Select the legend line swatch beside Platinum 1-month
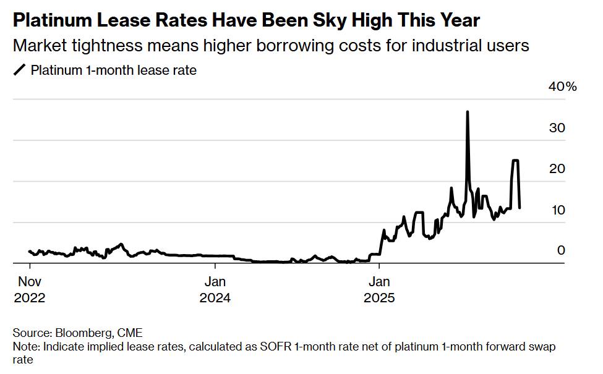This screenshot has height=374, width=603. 20,70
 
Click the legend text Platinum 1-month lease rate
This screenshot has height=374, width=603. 114,70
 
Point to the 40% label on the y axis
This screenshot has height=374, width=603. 562,87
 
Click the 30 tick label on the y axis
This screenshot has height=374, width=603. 557,128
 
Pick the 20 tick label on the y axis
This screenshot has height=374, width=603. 557,169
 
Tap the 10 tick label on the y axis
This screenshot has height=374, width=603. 557,210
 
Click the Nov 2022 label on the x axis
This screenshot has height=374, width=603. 30,289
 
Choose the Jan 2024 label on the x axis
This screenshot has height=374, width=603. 215,289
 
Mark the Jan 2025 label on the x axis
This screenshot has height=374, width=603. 379,289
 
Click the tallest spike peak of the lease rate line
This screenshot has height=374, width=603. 467,112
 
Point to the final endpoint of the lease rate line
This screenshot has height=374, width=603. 520,207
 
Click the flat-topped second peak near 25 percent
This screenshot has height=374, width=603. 515,160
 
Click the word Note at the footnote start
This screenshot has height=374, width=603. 25,347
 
